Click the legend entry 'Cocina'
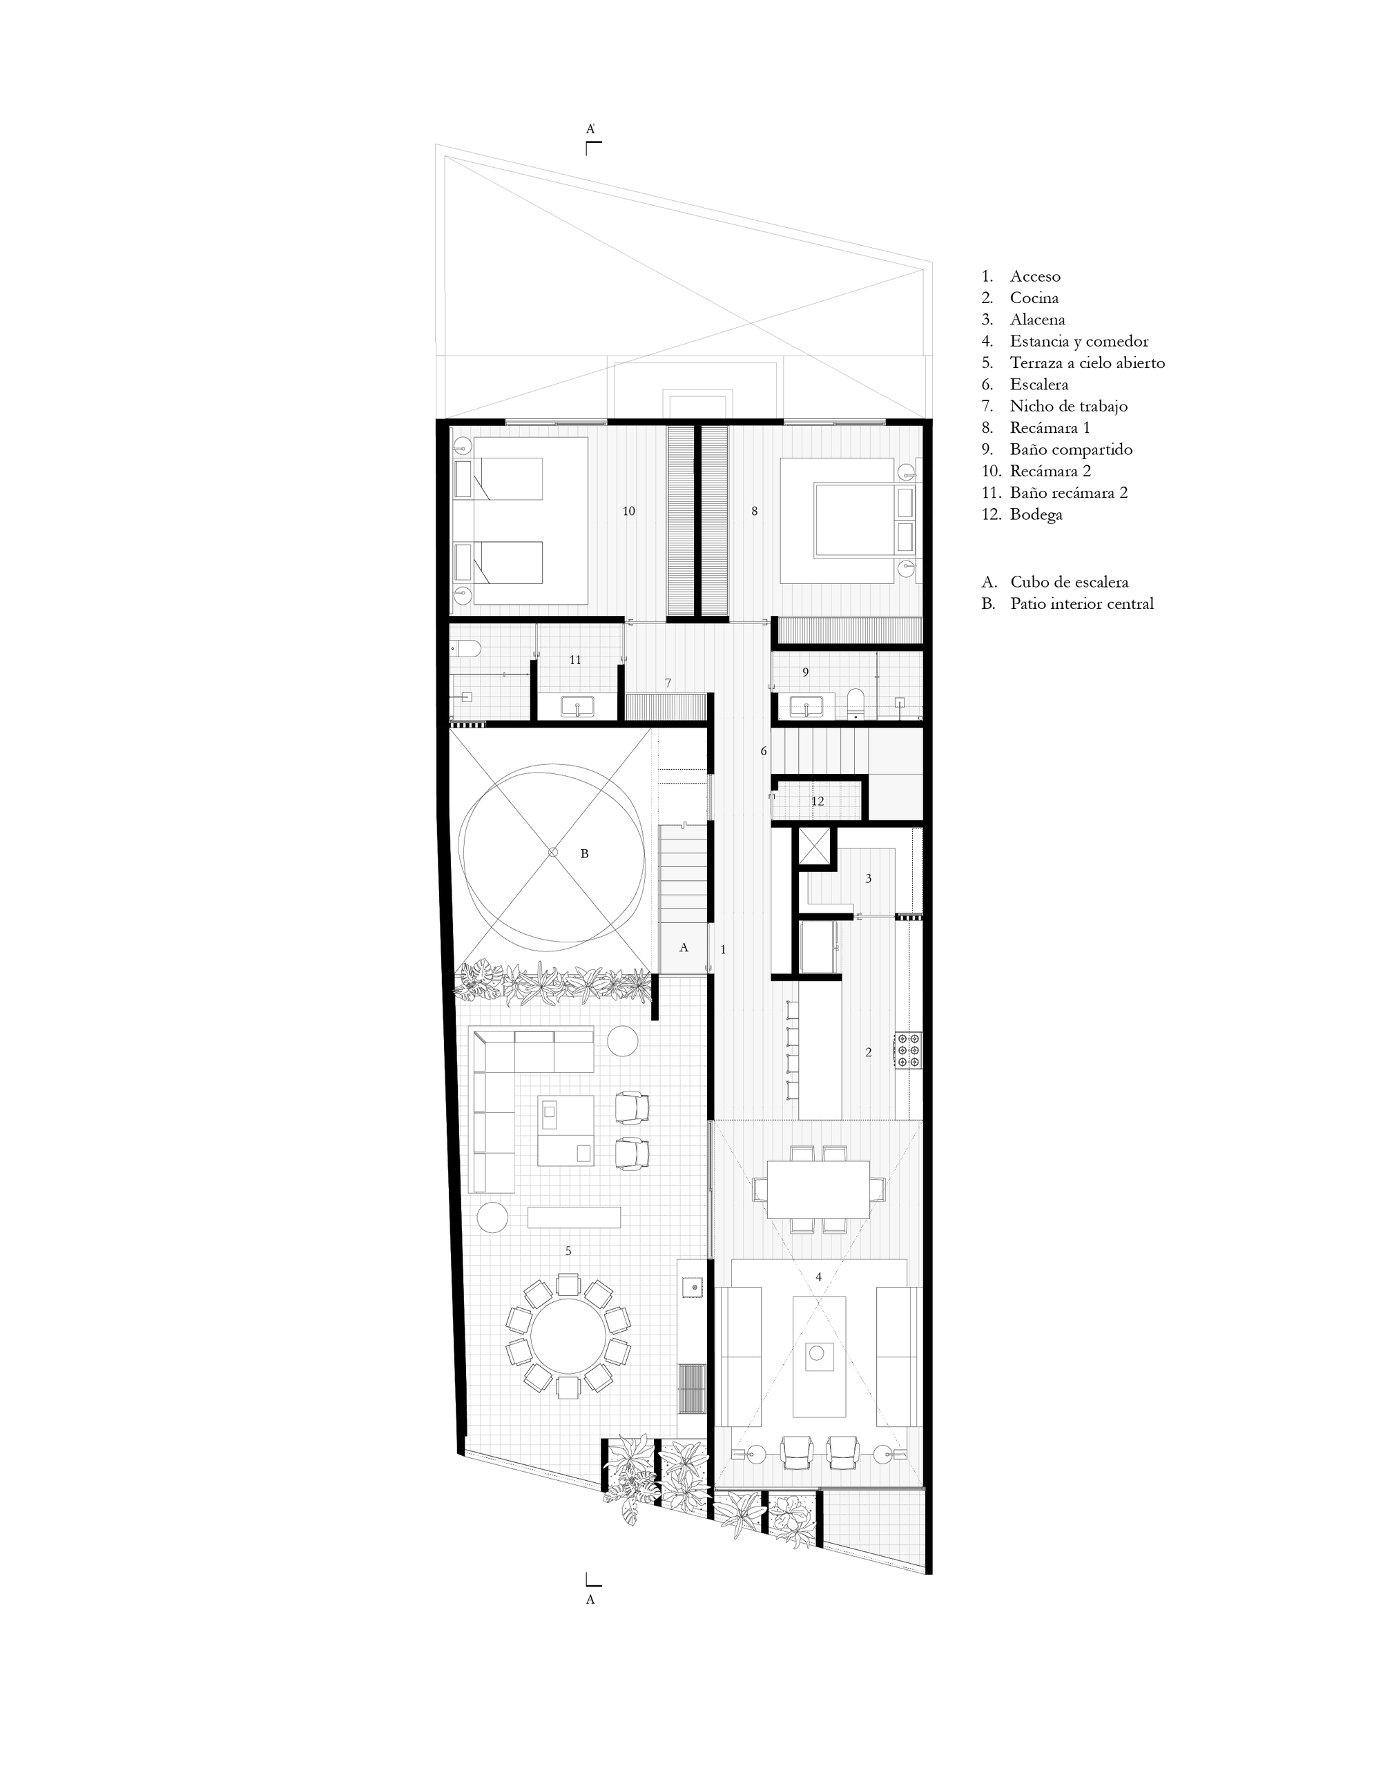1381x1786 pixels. click(x=1034, y=298)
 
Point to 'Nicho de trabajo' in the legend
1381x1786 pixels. click(x=1068, y=406)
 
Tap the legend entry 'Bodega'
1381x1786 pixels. click(x=1036, y=514)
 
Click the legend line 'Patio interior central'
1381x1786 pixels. click(x=1081, y=603)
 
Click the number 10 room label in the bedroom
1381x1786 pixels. click(x=628, y=511)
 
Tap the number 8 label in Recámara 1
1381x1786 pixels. click(x=754, y=511)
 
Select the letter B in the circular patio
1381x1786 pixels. click(x=584, y=853)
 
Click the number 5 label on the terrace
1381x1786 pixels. click(x=568, y=1273)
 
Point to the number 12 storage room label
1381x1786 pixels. click(x=818, y=802)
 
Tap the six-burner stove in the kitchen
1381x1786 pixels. click(x=909, y=1050)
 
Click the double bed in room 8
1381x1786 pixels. click(x=851, y=520)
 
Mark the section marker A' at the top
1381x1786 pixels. click(x=590, y=129)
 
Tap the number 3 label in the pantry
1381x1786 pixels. click(x=868, y=879)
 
